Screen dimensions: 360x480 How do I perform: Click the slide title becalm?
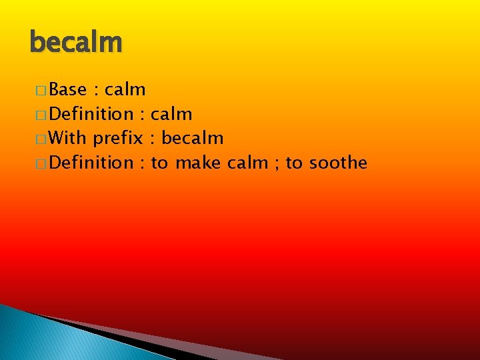coord(76,43)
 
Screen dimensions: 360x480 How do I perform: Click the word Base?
coord(67,89)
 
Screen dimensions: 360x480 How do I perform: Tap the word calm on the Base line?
coord(125,89)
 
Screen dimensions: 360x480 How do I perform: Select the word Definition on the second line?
coord(91,114)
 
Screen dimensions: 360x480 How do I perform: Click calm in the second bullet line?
coord(172,114)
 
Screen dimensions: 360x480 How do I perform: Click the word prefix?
coord(118,139)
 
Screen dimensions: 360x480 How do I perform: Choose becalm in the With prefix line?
coord(192,139)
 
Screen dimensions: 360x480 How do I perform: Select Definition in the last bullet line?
coord(91,163)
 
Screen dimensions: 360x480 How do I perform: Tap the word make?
coord(198,163)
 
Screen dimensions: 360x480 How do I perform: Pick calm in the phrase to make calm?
coord(247,163)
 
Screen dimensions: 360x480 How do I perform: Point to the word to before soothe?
coord(294,163)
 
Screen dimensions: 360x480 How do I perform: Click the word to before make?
coord(159,163)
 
